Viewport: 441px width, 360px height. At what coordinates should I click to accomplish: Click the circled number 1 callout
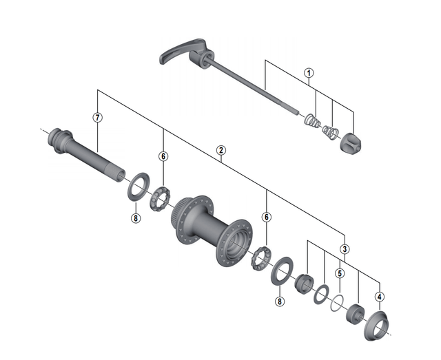[x=309, y=73]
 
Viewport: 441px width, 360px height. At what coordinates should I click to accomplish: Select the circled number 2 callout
[x=221, y=150]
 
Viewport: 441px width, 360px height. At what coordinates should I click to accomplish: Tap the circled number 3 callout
[x=345, y=249]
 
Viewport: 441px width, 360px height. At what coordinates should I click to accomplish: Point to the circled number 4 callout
[x=380, y=297]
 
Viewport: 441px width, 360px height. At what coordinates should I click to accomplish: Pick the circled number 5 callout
[x=340, y=273]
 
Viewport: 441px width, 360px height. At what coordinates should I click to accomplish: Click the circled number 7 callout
[x=98, y=118]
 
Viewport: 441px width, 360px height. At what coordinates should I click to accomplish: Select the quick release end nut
[x=351, y=144]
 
